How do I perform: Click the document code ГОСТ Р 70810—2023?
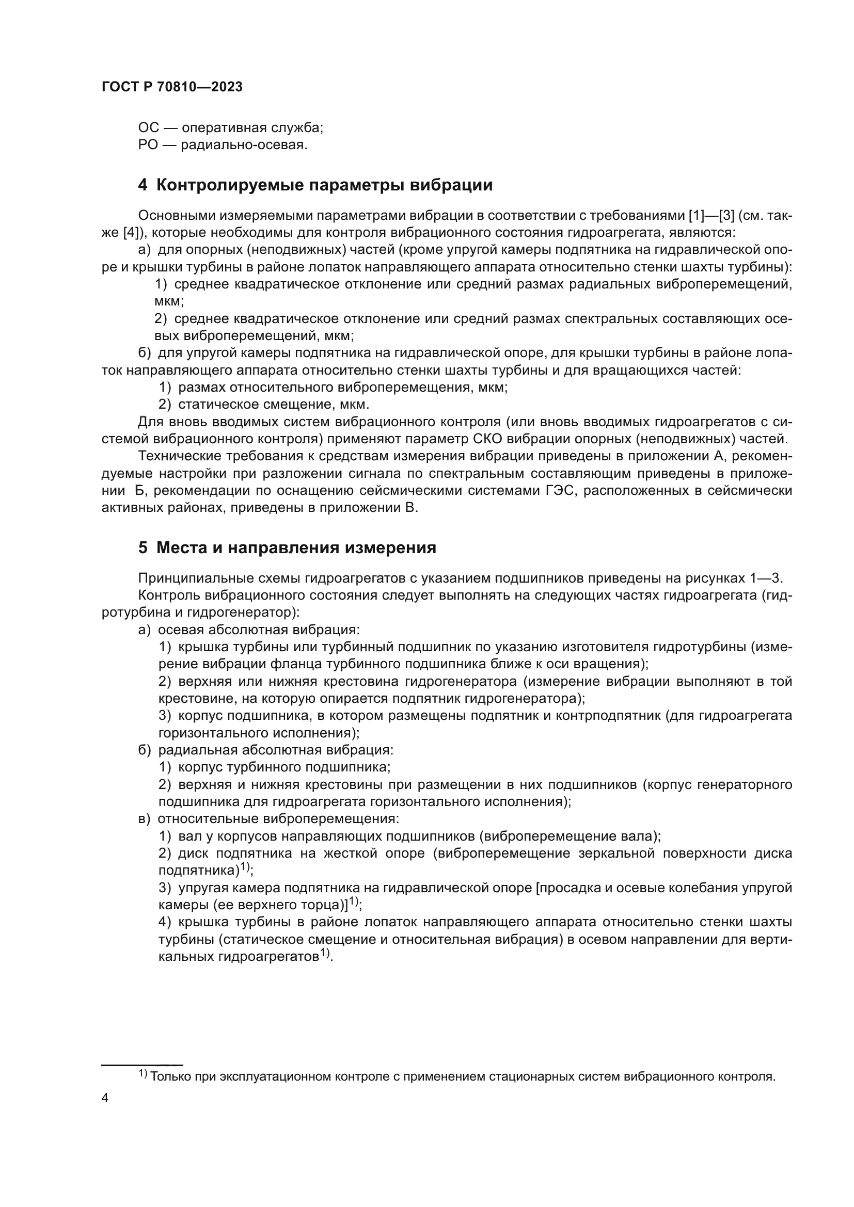click(172, 87)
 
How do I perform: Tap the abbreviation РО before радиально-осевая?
click(148, 145)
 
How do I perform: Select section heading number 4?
click(143, 185)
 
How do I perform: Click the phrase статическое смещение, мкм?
click(274, 405)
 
